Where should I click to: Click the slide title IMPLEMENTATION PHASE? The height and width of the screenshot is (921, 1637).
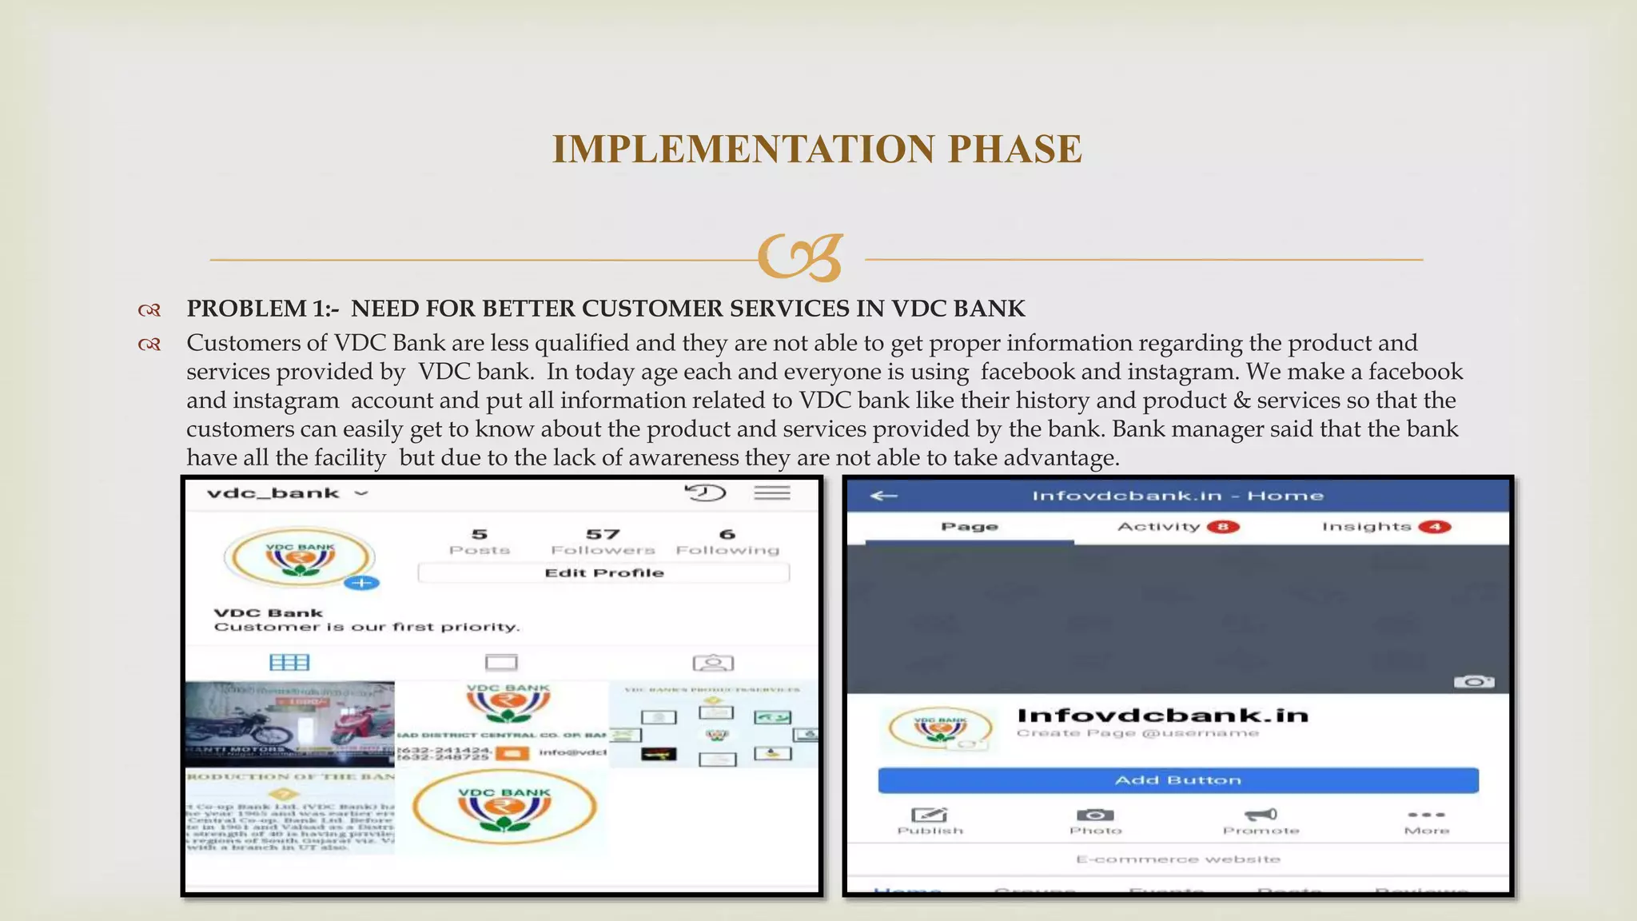point(817,150)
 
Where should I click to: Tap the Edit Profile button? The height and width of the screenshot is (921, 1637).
point(603,572)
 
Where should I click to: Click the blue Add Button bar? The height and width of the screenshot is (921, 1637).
point(1177,780)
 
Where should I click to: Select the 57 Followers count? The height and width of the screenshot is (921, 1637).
point(603,541)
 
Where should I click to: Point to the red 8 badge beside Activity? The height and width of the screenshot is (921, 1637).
point(1222,527)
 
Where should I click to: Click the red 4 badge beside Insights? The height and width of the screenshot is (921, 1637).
point(1434,527)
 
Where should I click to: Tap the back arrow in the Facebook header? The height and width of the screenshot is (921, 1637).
point(883,496)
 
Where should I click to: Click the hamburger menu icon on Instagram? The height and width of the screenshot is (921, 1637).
point(771,492)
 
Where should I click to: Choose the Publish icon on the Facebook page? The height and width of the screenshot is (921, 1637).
point(930,815)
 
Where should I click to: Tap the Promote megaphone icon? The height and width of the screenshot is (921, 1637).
point(1261,815)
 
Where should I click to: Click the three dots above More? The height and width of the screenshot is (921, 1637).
point(1426,815)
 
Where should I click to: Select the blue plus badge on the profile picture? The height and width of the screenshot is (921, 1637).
point(361,583)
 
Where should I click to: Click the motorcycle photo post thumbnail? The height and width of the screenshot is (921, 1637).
point(289,724)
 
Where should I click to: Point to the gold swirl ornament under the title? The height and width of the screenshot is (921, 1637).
point(800,257)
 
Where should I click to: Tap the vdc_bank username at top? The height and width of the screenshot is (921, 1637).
point(273,493)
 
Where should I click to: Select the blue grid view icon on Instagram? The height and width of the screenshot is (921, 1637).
point(289,662)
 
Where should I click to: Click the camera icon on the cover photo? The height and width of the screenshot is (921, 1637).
point(1473,682)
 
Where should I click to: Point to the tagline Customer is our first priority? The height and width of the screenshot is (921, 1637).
point(367,627)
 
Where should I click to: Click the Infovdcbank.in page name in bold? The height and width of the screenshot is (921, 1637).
point(1162,715)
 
